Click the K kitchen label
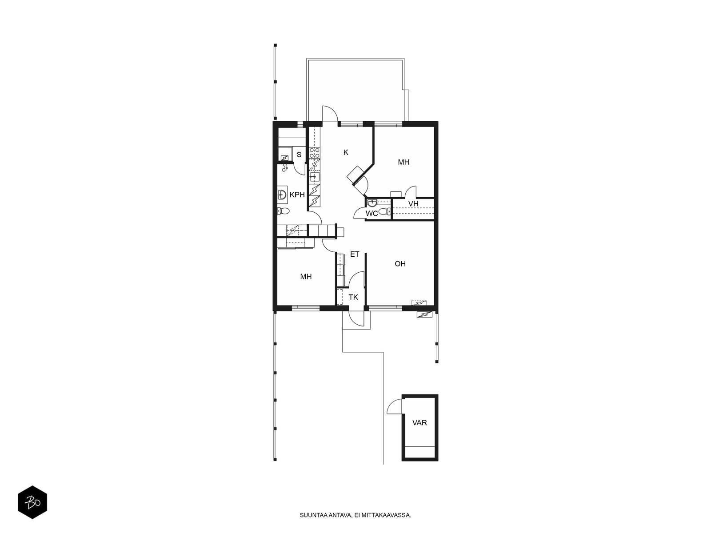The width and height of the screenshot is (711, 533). (346, 152)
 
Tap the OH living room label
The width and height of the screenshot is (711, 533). (400, 264)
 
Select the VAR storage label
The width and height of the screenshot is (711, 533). (419, 423)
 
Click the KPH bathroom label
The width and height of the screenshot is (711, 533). (297, 195)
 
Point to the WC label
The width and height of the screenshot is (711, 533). (371, 214)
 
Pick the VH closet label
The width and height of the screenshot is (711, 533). (413, 204)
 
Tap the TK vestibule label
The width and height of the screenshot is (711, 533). (353, 297)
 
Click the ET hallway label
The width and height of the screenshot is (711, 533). (355, 255)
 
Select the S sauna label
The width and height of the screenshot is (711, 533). (299, 155)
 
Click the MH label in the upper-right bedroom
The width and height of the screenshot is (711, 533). (403, 162)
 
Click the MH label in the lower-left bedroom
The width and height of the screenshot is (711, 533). (306, 277)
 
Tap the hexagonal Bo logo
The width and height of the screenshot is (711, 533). (32, 502)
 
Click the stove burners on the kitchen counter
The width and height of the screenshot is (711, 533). (315, 153)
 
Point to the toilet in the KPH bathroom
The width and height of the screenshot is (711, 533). (284, 211)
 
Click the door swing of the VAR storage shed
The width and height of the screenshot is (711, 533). (394, 406)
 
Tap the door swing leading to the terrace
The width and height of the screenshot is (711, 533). (330, 113)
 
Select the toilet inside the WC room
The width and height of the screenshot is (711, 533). (384, 212)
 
